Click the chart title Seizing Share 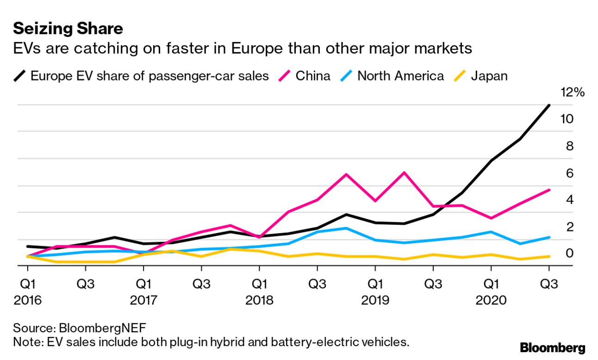click(68, 29)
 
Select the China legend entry click(313, 75)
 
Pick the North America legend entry click(400, 75)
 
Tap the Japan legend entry click(489, 75)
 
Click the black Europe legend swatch click(20, 75)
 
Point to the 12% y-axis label click(572, 93)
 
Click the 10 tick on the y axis click(567, 119)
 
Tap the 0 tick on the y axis click(569, 254)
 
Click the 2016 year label click(28, 301)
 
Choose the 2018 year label click(259, 301)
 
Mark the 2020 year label click(491, 301)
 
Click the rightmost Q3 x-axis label click(549, 284)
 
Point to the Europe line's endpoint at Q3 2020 click(549, 106)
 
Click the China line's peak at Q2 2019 click(405, 173)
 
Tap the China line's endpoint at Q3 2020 click(549, 190)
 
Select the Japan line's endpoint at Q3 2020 click(549, 256)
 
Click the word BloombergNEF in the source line click(102, 329)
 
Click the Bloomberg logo click(552, 348)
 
